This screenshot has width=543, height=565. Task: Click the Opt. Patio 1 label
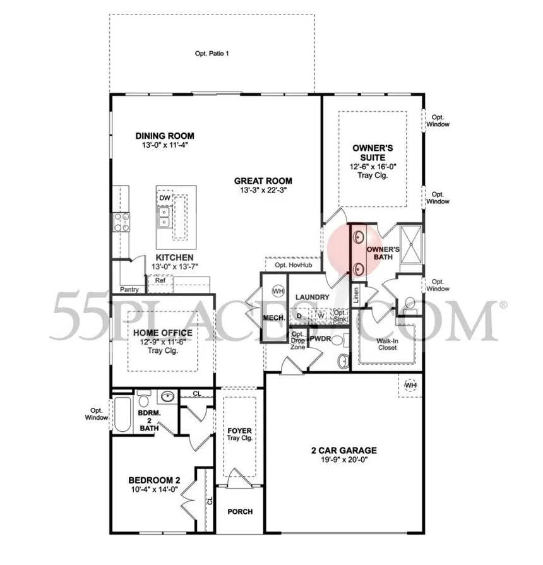[x=212, y=54]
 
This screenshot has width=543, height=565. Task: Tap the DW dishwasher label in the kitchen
[x=164, y=198]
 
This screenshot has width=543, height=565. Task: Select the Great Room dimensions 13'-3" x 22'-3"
[x=266, y=190]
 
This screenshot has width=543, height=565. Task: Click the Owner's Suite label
[x=373, y=153]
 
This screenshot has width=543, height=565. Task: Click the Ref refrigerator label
[x=160, y=280]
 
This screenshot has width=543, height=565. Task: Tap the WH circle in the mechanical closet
[x=278, y=291]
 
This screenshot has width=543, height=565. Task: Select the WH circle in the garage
[x=410, y=385]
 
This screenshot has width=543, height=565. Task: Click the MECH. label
[x=274, y=318]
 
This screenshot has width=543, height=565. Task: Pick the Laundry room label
[x=313, y=297]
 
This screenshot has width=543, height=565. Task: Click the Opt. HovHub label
[x=292, y=265]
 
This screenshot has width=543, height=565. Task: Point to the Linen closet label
[x=356, y=296]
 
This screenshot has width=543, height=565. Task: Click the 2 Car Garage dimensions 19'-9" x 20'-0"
[x=343, y=461]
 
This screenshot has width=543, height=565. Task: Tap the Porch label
[x=240, y=511]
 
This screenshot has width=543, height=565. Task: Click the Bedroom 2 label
[x=152, y=480]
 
